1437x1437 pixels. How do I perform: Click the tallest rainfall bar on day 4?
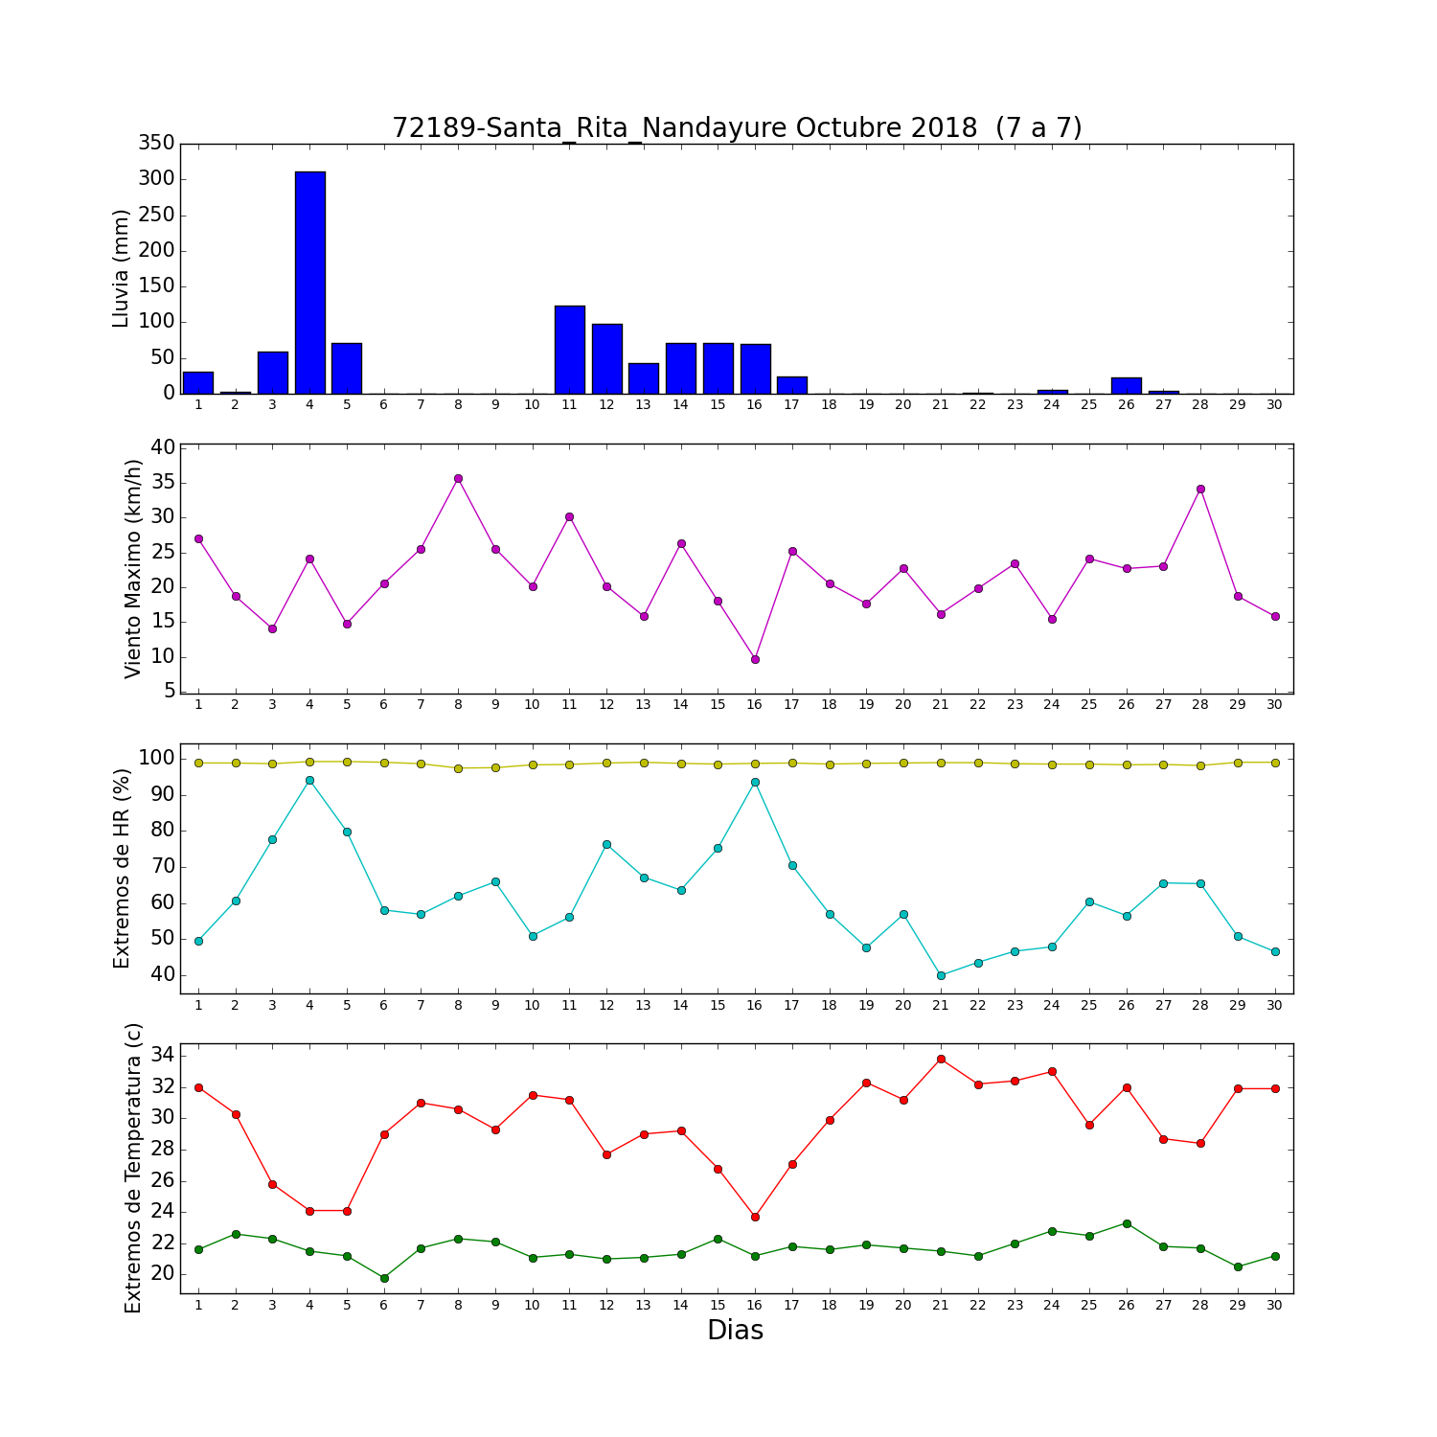click(x=310, y=283)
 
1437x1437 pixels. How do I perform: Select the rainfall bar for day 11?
click(x=570, y=350)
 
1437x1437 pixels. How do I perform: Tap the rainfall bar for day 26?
click(x=1127, y=385)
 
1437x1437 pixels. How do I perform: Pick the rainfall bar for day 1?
click(x=198, y=382)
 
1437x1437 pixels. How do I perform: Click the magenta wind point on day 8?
click(x=458, y=478)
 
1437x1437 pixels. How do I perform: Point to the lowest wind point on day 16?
click(x=755, y=659)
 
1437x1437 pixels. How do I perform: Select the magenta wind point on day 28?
click(x=1200, y=489)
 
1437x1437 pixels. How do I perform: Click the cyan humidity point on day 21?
click(x=941, y=975)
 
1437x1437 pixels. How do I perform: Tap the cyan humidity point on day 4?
click(x=309, y=780)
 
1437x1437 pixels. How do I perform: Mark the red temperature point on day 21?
click(x=941, y=1059)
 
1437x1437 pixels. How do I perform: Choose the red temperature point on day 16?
click(x=755, y=1217)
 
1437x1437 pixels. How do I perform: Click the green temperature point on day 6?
click(x=384, y=1278)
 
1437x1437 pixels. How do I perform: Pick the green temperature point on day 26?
click(x=1127, y=1223)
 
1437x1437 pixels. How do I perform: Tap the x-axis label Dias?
click(x=736, y=1330)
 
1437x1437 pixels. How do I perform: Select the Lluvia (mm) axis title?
click(x=121, y=268)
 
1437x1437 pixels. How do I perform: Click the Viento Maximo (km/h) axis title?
click(x=133, y=569)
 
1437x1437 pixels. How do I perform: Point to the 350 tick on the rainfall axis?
click(x=157, y=143)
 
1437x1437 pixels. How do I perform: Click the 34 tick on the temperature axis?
click(x=163, y=1055)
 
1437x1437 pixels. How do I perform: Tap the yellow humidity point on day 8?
click(x=458, y=768)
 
